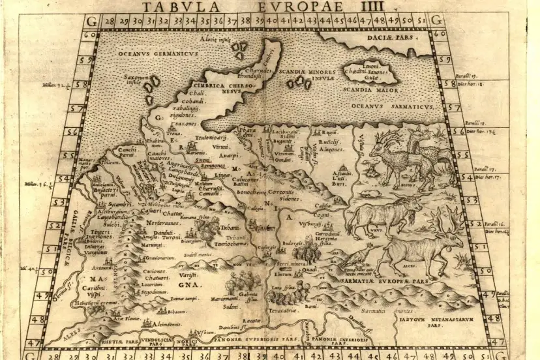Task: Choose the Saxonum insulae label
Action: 138,80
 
